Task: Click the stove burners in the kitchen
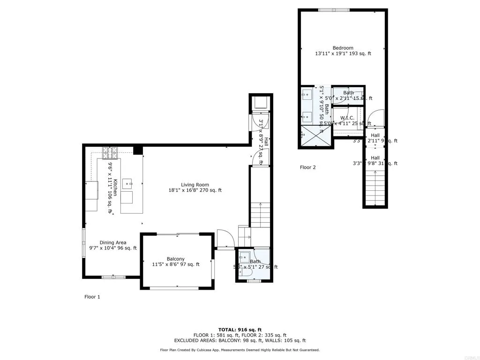tap(111, 152)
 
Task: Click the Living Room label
tap(195, 185)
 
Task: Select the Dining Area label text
tap(113, 242)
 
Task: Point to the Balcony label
tap(176, 259)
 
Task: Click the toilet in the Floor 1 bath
tap(245, 272)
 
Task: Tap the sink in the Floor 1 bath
tap(244, 256)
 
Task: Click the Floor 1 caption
tap(92, 297)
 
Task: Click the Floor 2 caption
tap(308, 167)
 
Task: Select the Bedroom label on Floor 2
tap(343, 48)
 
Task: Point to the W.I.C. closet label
tap(347, 118)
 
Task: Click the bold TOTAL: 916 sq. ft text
tap(240, 330)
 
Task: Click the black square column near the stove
tap(137, 150)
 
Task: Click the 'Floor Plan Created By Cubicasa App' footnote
tap(240, 350)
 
